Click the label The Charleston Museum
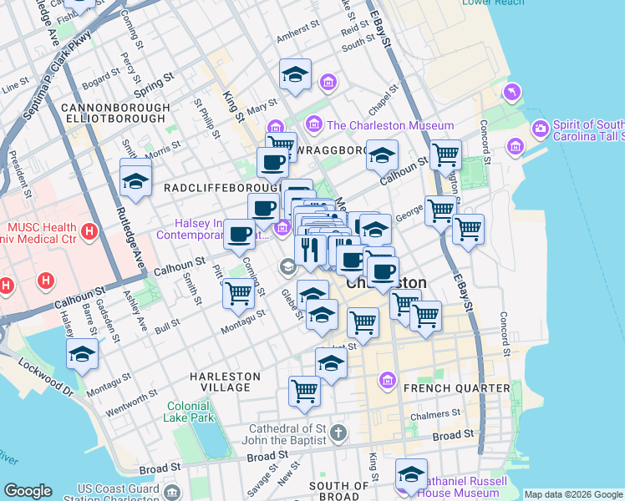(390, 125)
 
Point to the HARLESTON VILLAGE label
(221, 382)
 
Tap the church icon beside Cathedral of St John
(338, 433)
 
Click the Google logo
(28, 491)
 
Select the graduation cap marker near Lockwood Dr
(82, 355)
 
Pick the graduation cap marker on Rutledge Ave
(135, 180)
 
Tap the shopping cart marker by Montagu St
(239, 294)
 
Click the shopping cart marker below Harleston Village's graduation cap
(305, 391)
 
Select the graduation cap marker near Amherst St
(296, 76)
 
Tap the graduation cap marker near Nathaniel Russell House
(411, 474)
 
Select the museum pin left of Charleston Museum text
(315, 125)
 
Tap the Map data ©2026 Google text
(572, 494)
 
